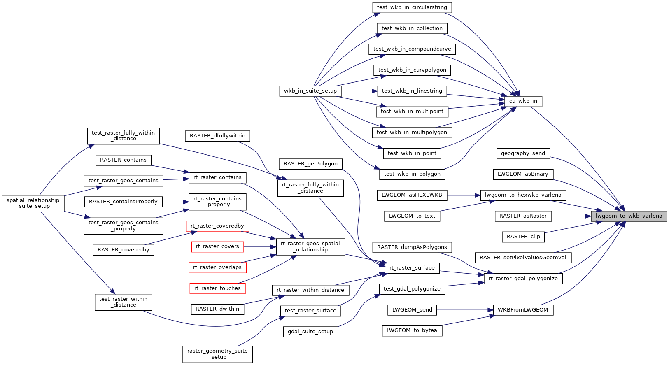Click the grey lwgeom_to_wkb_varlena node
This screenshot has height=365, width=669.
click(x=629, y=216)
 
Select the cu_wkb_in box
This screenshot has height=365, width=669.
click(x=523, y=101)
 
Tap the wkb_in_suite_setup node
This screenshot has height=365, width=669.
click(x=310, y=91)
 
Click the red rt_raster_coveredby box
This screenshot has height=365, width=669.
click(x=217, y=226)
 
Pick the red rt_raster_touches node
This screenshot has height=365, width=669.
click(x=217, y=288)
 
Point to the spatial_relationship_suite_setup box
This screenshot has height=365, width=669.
click(x=33, y=203)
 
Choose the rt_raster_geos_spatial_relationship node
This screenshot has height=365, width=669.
click(x=310, y=246)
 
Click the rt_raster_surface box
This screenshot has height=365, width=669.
click(x=412, y=268)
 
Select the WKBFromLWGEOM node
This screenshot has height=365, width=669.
click(x=523, y=310)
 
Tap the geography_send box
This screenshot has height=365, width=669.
click(x=523, y=153)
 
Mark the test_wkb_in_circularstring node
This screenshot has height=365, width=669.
click(x=412, y=7)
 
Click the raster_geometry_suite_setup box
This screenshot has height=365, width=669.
click(x=217, y=354)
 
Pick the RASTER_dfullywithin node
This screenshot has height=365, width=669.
click(x=217, y=136)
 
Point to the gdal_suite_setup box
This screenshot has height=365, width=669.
click(x=310, y=332)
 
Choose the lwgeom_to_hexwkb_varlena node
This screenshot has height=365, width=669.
click(x=523, y=195)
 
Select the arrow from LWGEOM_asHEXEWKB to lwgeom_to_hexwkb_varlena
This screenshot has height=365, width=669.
click(x=464, y=195)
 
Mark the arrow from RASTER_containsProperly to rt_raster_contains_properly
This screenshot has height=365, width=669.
click(x=175, y=202)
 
